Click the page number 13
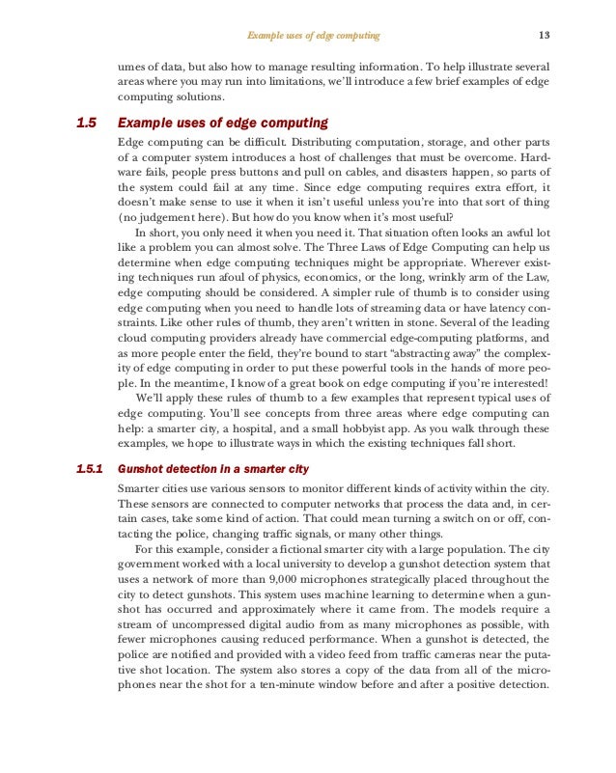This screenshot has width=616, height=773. pos(544,36)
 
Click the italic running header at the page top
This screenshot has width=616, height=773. pos(313,36)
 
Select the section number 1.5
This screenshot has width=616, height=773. pos(87,124)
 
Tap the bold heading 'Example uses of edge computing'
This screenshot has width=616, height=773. pos(222,124)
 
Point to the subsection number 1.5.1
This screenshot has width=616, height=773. pos(91,469)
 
